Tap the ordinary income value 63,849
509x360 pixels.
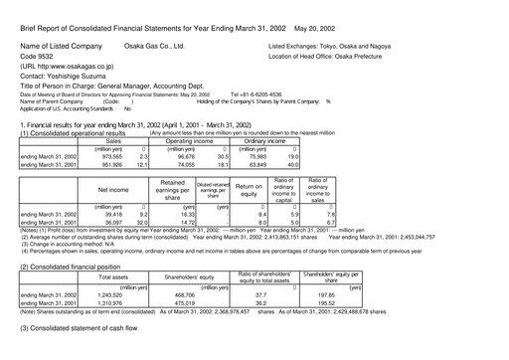coord(273,164)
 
